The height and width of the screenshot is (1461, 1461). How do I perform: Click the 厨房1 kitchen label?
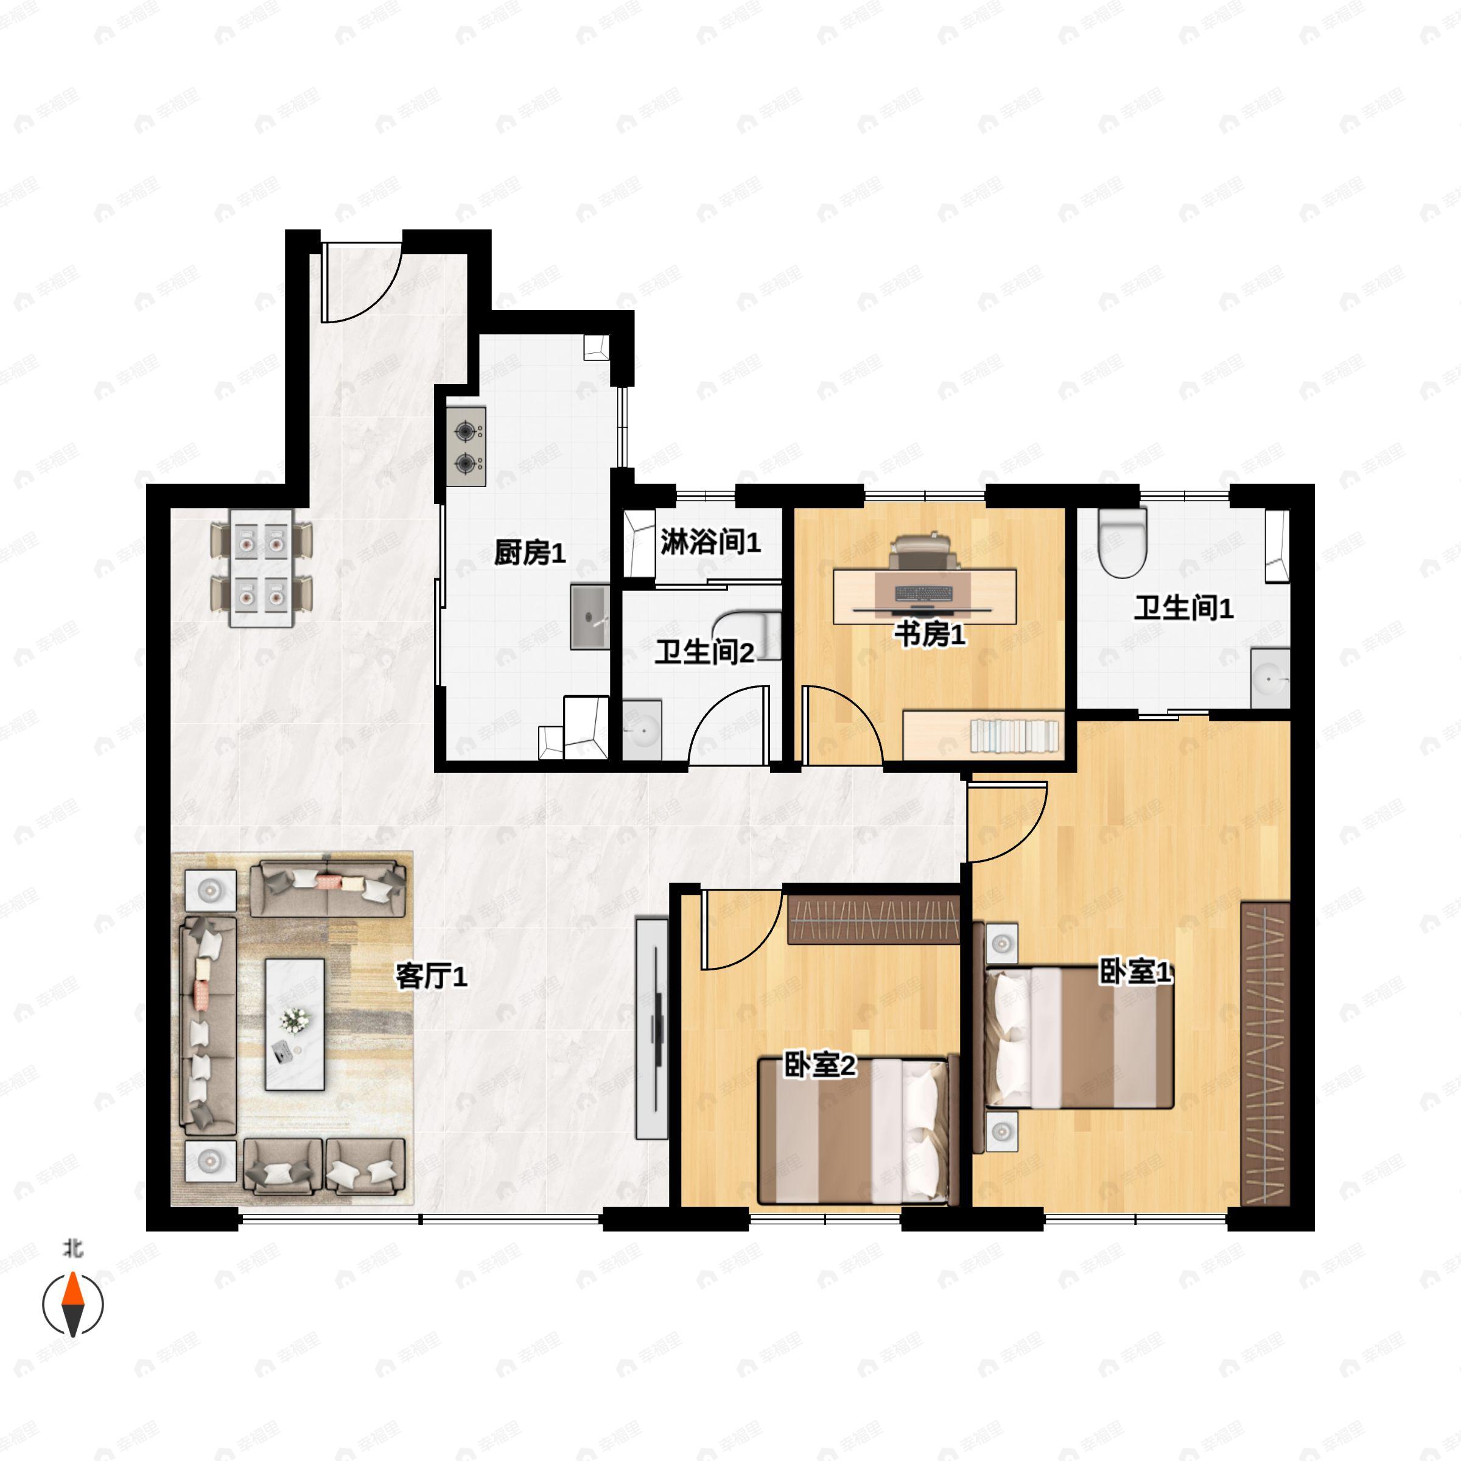[530, 553]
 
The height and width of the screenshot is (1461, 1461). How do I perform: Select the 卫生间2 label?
[704, 652]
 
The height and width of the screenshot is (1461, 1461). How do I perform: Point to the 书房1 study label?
[930, 634]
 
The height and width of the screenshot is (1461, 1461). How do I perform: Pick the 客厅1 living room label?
[431, 977]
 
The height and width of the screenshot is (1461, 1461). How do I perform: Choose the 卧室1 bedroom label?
[1134, 972]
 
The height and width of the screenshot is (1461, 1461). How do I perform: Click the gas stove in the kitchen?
[466, 446]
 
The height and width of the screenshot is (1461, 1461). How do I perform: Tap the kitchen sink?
[590, 616]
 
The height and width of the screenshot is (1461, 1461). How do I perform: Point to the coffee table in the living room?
[294, 1025]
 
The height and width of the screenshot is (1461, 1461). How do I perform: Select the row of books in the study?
[1014, 736]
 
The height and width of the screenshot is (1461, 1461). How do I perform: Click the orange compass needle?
[72, 1289]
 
